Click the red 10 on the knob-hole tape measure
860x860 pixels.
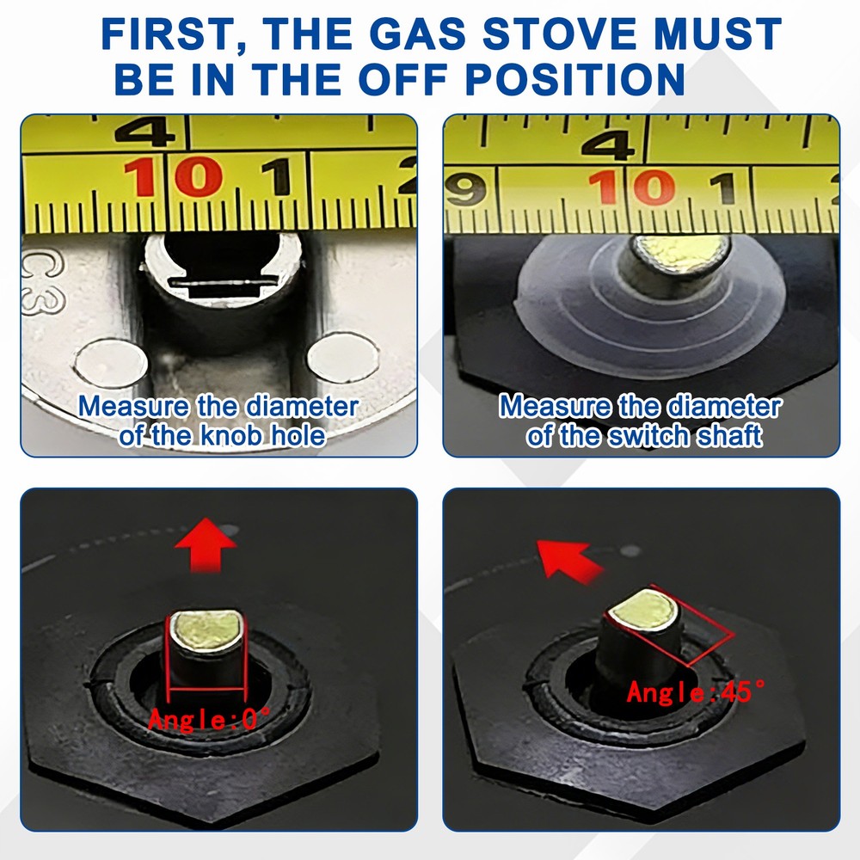[172, 177]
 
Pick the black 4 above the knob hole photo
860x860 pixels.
[144, 132]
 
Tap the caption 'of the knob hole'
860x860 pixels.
[223, 435]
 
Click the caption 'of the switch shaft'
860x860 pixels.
[644, 436]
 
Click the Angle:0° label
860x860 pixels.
[209, 718]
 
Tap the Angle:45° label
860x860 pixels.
[696, 691]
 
